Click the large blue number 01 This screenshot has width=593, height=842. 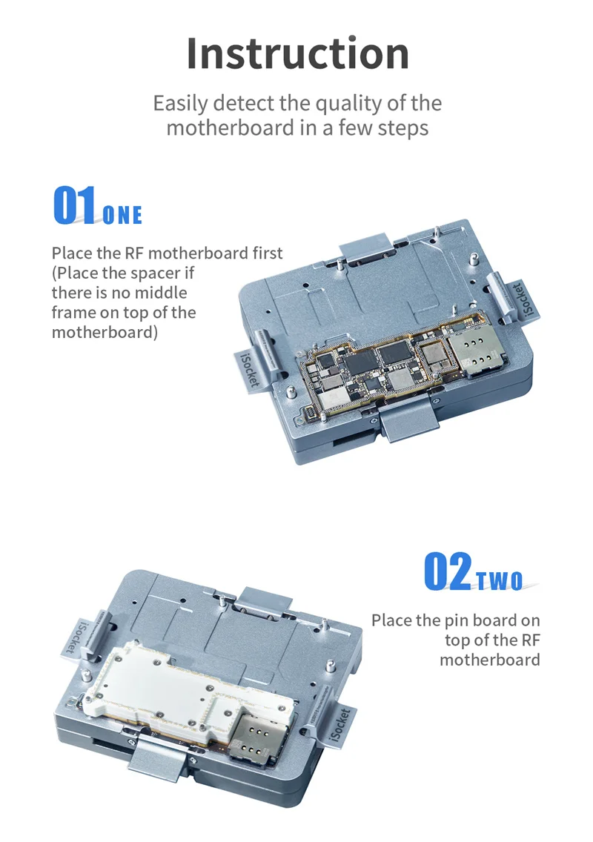(75, 205)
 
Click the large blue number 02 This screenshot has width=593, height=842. (448, 571)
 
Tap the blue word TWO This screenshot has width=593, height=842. (500, 580)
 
